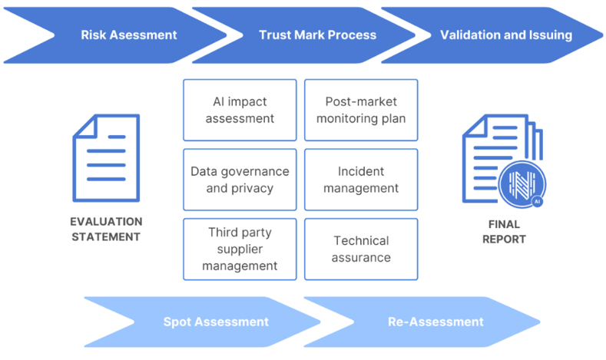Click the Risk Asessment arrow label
click(129, 35)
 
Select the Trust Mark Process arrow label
click(317, 35)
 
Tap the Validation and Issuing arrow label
click(506, 35)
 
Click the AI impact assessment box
click(240, 110)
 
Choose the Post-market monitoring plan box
click(361, 110)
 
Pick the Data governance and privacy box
click(240, 180)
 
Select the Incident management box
click(361, 180)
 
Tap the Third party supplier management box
click(240, 249)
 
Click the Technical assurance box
click(361, 249)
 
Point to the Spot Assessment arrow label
click(216, 322)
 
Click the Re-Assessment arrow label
click(435, 322)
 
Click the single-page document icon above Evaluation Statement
click(106, 158)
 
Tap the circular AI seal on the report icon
click(522, 184)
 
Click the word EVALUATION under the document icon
click(106, 222)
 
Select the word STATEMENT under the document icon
click(106, 236)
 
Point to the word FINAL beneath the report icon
click(504, 224)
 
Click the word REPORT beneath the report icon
click(504, 239)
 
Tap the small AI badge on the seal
click(537, 201)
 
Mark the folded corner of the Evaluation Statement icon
click(86, 127)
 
